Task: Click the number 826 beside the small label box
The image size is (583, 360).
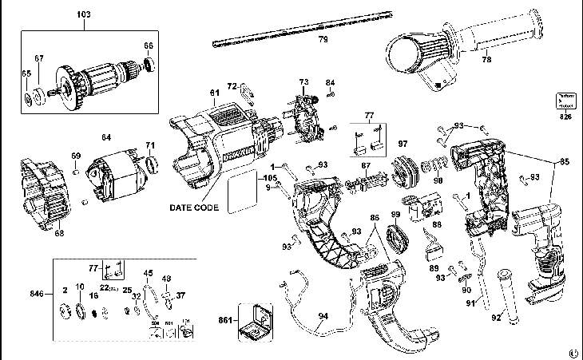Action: tap(565, 118)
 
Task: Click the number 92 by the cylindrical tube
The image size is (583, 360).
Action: tap(495, 317)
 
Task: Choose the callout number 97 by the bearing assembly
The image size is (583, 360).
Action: tap(403, 144)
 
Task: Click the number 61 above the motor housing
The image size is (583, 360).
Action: tap(214, 93)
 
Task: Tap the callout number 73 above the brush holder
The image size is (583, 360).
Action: tap(303, 81)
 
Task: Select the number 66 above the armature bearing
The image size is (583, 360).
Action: tap(148, 45)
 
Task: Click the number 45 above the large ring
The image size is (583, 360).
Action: tap(148, 273)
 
